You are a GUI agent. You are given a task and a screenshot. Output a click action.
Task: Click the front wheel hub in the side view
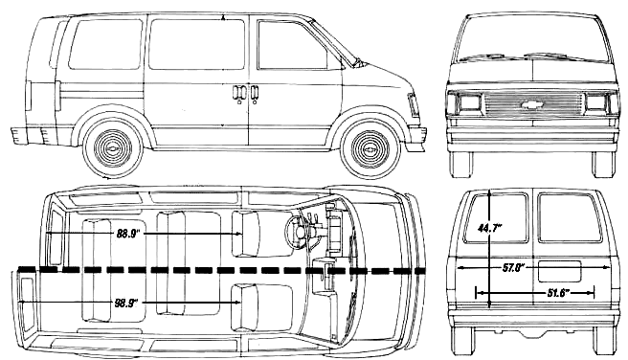point(370,148)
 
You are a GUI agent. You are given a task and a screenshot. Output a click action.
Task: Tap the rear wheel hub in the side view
point(113,147)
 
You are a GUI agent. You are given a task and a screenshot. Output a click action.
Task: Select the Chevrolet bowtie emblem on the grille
point(532,104)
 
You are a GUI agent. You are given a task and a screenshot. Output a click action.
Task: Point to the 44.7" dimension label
point(490,228)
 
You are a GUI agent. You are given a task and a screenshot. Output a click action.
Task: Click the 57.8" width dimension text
point(514,268)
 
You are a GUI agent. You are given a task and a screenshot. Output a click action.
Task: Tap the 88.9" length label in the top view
point(127,233)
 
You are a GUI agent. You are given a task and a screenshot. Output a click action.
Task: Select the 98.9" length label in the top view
point(126,303)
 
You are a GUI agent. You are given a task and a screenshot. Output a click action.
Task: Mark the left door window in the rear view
point(496,218)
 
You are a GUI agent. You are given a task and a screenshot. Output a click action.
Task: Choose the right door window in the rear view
point(570,217)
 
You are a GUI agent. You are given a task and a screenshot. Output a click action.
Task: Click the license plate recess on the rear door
point(559,271)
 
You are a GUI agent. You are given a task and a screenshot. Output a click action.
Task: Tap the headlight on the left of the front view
point(469,102)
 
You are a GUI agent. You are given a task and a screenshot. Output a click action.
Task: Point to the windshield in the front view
point(532,38)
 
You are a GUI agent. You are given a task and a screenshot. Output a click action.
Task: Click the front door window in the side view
point(292,45)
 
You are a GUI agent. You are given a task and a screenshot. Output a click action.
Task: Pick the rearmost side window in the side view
point(105,44)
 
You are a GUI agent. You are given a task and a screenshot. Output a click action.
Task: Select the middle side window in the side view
point(196,44)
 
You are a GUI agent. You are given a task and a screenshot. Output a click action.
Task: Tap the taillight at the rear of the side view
point(28,96)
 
